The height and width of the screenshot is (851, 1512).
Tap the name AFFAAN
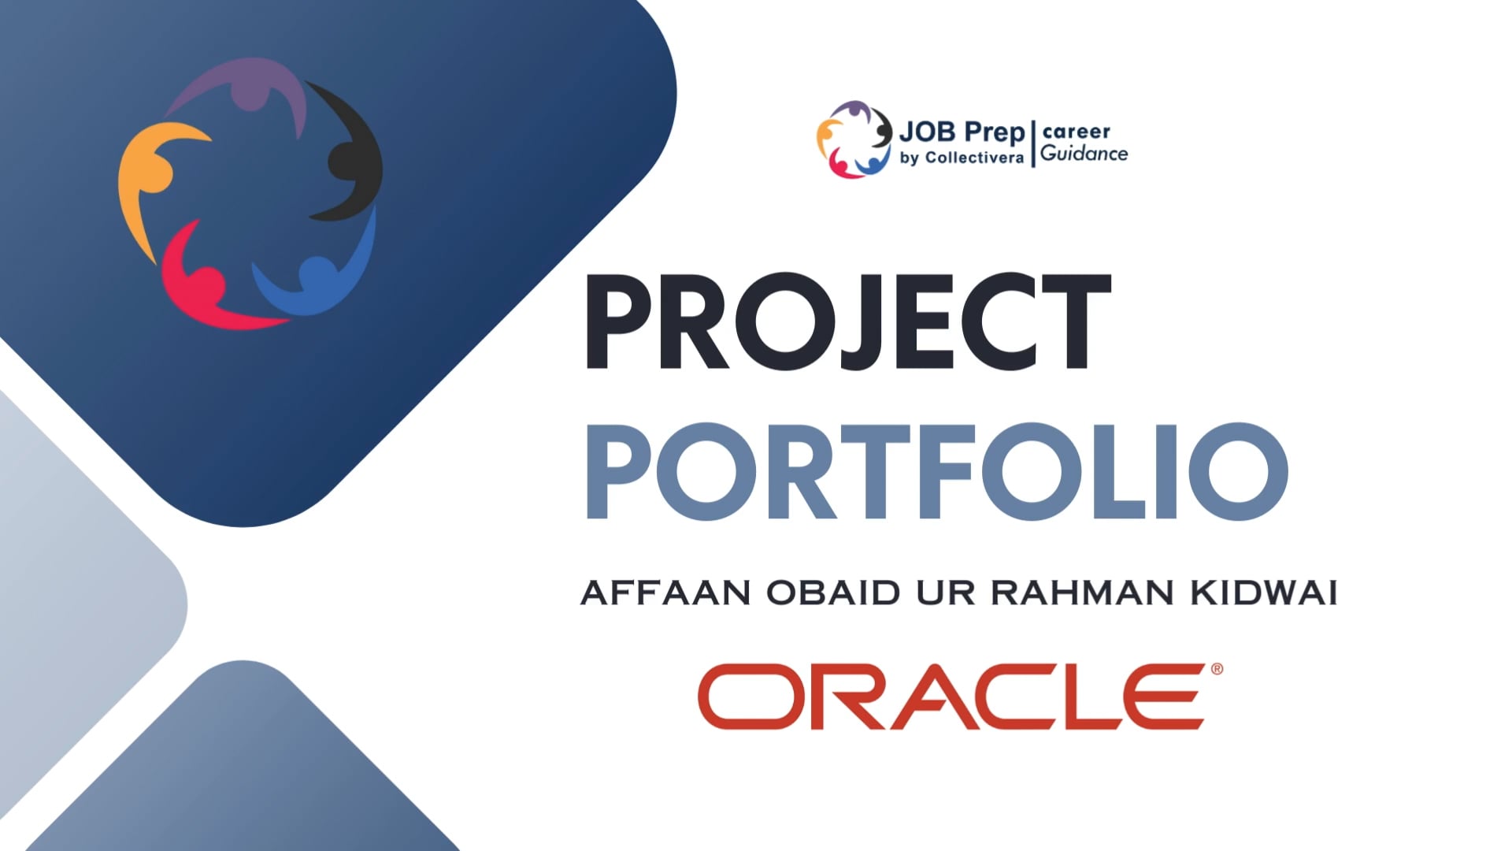tap(665, 593)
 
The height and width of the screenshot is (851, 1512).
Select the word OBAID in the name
tap(833, 593)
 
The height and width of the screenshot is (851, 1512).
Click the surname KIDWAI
tap(1264, 593)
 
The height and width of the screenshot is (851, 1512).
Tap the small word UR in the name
tap(945, 593)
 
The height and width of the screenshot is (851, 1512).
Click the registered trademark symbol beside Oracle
tap(1217, 669)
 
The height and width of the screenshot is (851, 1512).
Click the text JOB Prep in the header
tap(962, 132)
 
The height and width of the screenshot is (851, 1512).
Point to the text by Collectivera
tap(962, 158)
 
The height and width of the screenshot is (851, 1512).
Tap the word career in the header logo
tap(1077, 132)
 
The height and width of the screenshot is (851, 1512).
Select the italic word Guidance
tap(1084, 154)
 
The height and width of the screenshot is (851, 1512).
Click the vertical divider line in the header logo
tap(1032, 143)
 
